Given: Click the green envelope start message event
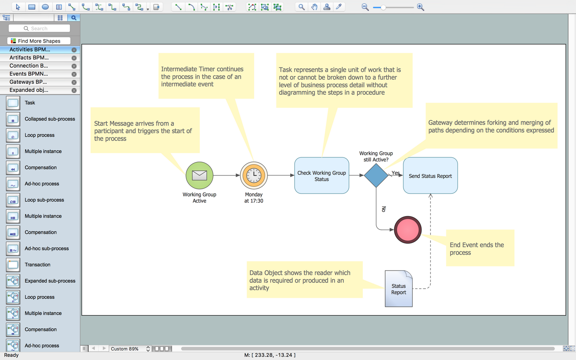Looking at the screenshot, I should point(199,175).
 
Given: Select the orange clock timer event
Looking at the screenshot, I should point(254,175).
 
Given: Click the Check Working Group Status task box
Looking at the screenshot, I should point(321,176).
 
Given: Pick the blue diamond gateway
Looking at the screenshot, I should point(376,175).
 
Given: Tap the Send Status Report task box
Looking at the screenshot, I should point(430,176).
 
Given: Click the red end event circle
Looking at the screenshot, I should point(407,230).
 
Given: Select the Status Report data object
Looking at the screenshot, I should point(399,289).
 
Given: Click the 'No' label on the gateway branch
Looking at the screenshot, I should point(384,209).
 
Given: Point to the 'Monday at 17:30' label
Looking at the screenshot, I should point(254,198).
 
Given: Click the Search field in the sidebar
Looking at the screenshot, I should point(39,28).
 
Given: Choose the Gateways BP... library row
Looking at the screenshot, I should point(28,82).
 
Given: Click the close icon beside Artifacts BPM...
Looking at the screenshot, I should point(74,58).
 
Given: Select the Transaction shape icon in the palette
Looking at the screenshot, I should point(13,264).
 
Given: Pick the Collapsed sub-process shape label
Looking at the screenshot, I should point(50,119).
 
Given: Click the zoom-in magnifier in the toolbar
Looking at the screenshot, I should point(420,7).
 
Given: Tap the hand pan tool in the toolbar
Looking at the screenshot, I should point(314,7).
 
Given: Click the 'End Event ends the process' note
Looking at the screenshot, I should point(480,248).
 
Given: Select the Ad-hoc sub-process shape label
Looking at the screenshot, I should point(47,248).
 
